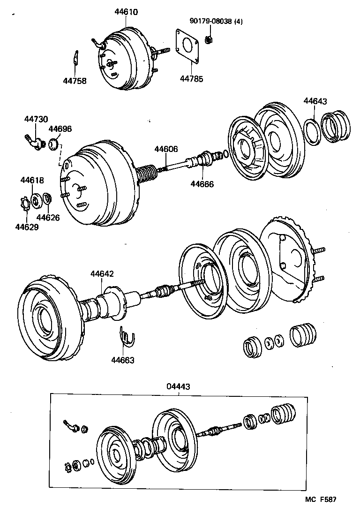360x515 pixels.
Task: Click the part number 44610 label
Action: pyautogui.click(x=126, y=12)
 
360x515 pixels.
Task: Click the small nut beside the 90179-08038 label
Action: pyautogui.click(x=210, y=39)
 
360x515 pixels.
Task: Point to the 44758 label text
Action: pyautogui.click(x=75, y=81)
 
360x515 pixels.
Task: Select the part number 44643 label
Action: pyautogui.click(x=315, y=101)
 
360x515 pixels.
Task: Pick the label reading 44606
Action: pyautogui.click(x=166, y=149)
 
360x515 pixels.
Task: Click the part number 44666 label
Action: pyautogui.click(x=202, y=184)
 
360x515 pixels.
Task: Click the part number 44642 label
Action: pyautogui.click(x=102, y=273)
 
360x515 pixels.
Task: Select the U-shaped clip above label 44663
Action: pyautogui.click(x=126, y=336)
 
